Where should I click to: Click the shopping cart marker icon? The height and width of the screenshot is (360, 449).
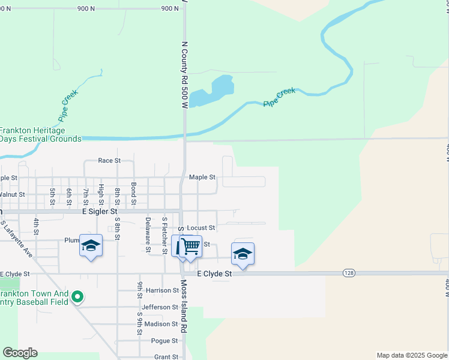190,246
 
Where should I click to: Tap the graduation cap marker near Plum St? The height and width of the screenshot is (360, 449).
91,246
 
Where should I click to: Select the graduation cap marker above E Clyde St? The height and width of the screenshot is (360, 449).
243,254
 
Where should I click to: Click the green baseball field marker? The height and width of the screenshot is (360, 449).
77,296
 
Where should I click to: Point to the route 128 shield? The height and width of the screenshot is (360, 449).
348,273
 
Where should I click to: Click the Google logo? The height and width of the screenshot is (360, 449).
20,353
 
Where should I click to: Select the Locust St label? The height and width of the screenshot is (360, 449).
200,228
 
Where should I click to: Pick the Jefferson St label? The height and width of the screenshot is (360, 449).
160,307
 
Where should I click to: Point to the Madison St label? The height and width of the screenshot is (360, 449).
161,324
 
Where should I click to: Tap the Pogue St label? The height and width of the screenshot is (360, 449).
165,341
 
